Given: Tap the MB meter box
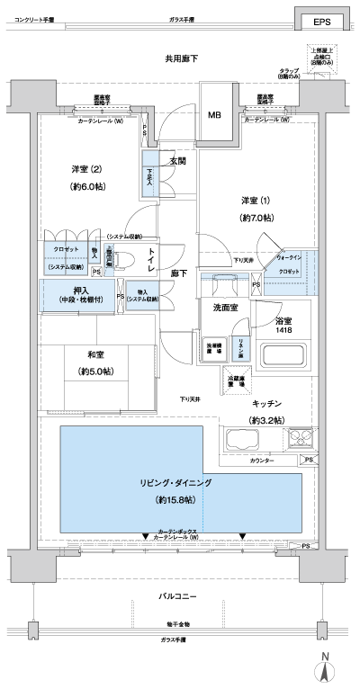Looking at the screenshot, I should pos(215,115).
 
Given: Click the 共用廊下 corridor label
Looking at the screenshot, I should pos(181,58).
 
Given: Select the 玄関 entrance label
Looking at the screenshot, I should pos(176,161).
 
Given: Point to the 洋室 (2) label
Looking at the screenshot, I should pos(86,169).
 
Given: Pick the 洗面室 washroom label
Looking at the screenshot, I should pos(225,308).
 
